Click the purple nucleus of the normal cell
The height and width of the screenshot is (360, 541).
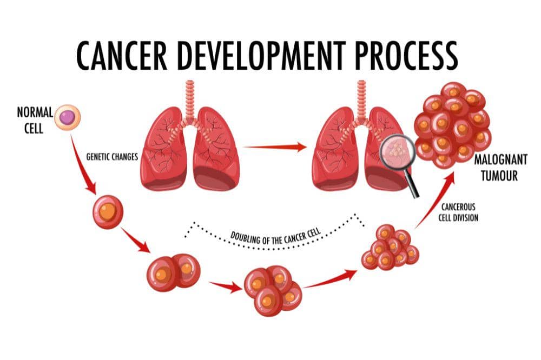click(67, 117)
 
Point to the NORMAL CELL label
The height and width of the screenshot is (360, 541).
click(35, 118)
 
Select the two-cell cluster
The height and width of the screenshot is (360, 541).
click(173, 272)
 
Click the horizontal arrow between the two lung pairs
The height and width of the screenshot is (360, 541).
click(275, 147)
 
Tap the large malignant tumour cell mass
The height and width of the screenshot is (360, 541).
click(452, 124)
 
